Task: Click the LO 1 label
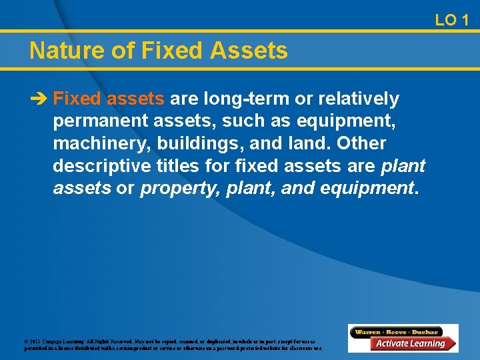pyautogui.click(x=451, y=20)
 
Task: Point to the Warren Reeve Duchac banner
pyautogui.click(x=397, y=331)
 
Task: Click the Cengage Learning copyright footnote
pyautogui.click(x=173, y=345)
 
